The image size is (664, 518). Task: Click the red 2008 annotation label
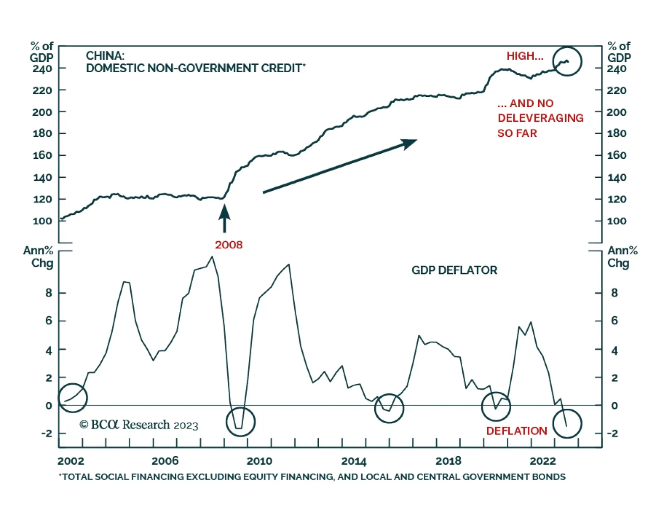(x=229, y=245)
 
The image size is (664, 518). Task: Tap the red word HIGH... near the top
(x=525, y=56)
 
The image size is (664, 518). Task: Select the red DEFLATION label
(x=516, y=431)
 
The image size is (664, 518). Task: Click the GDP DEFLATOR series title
(x=454, y=270)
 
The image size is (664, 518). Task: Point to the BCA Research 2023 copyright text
(x=139, y=425)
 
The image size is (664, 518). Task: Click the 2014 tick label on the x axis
(x=354, y=461)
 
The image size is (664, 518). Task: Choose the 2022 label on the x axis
(x=542, y=461)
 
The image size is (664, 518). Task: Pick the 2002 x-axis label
(x=71, y=461)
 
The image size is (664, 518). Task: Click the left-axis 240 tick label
(x=42, y=69)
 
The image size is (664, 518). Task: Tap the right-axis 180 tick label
(x=617, y=133)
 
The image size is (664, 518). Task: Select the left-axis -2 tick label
(x=47, y=433)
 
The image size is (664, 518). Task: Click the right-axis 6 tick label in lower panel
(x=614, y=321)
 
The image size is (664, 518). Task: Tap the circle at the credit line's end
(x=567, y=61)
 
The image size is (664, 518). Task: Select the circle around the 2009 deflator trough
(x=240, y=422)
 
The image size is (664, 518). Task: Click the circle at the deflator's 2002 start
(x=73, y=398)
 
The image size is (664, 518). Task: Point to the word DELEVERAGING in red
(x=540, y=118)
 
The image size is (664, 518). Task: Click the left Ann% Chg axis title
(x=38, y=257)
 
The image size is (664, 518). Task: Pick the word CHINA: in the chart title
(x=105, y=56)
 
